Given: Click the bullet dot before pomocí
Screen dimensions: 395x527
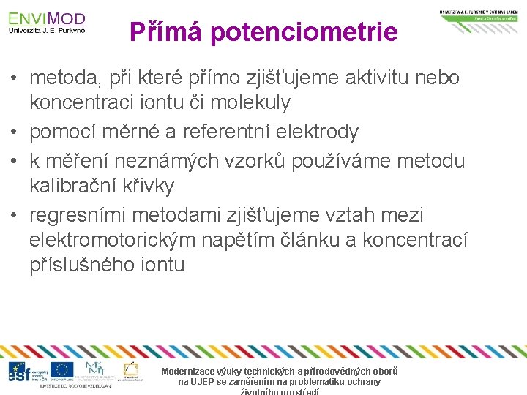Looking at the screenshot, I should (15, 132).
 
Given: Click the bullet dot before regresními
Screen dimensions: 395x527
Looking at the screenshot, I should (15, 216).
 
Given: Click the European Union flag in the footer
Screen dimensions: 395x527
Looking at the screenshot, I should (62, 371).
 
